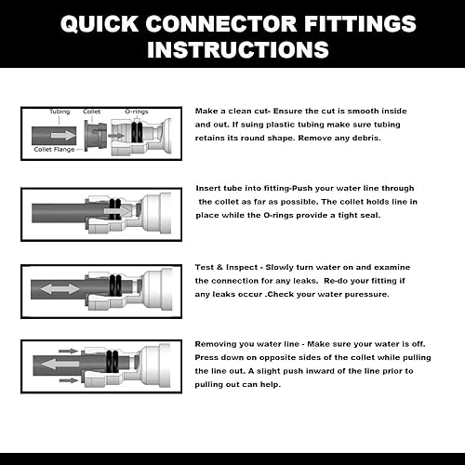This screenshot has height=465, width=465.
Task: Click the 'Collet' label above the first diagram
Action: coord(91,111)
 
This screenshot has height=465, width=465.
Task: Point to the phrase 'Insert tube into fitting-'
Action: coord(245,187)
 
